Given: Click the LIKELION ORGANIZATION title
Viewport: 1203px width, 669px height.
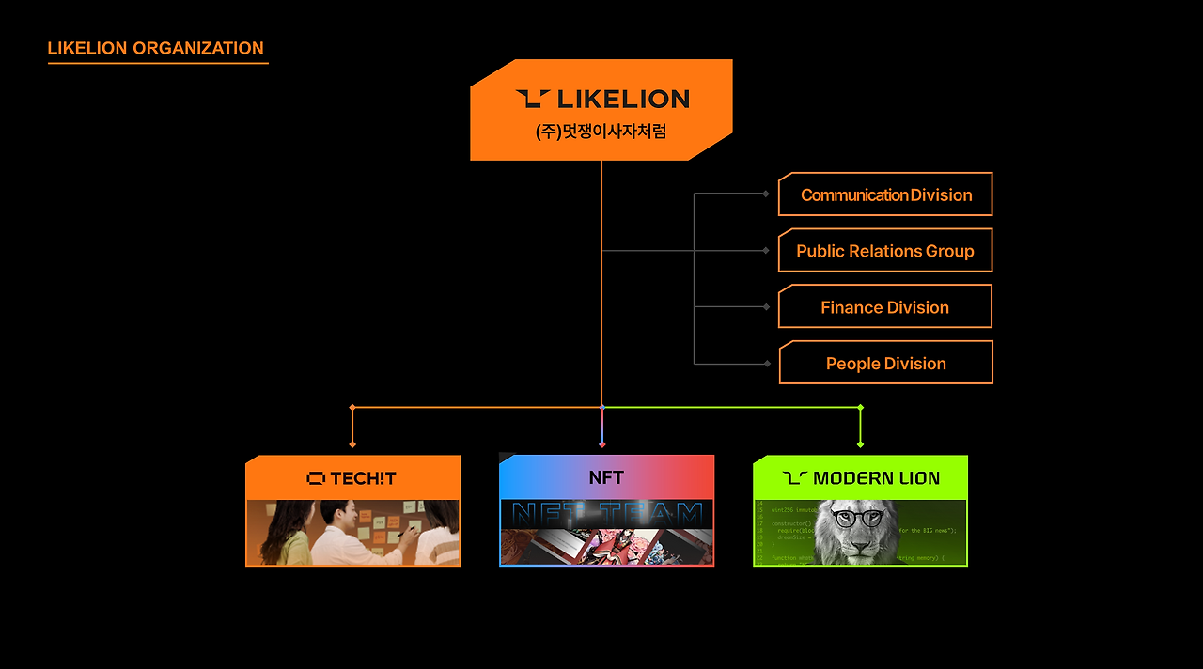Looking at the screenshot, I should pyautogui.click(x=155, y=49).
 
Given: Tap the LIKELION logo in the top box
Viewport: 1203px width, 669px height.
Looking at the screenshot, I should pyautogui.click(x=602, y=99).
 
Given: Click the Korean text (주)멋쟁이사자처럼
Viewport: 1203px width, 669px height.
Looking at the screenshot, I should pyautogui.click(x=601, y=132).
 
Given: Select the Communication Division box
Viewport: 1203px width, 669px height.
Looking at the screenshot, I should pyautogui.click(x=885, y=194).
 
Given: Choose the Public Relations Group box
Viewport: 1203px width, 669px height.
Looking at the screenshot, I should pyautogui.click(x=885, y=251).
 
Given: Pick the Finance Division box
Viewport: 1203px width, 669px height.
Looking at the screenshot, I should pyautogui.click(x=885, y=307).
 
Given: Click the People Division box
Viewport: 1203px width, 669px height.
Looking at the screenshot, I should pyautogui.click(x=885, y=364).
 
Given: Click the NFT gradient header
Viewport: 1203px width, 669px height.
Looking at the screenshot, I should pyautogui.click(x=606, y=477).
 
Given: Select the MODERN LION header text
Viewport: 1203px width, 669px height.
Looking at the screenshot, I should pyautogui.click(x=876, y=478).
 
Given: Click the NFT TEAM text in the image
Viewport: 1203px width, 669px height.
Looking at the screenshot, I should pyautogui.click(x=606, y=514).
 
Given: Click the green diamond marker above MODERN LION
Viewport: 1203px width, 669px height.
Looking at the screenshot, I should pyautogui.click(x=860, y=408).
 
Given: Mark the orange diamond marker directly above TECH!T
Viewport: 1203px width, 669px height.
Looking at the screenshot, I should pyautogui.click(x=352, y=408).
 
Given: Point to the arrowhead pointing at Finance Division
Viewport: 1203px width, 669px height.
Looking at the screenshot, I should pyautogui.click(x=766, y=307).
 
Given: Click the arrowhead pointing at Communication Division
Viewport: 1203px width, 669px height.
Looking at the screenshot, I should pyautogui.click(x=766, y=194).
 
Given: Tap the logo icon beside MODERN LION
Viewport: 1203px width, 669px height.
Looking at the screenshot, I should pyautogui.click(x=795, y=478).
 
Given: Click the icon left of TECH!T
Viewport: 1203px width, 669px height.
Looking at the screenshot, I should pyautogui.click(x=316, y=478).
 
